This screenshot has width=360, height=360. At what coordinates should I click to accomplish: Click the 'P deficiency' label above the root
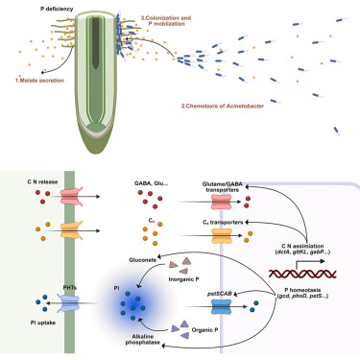pos(57,9)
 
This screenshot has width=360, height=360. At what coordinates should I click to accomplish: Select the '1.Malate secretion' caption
pos(39,81)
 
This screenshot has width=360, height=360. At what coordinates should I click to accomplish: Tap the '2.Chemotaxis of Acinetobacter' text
pos(223,106)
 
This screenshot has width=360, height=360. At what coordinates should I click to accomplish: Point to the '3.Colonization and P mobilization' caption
pos(166,20)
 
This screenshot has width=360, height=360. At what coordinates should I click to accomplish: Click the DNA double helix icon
pos(302,274)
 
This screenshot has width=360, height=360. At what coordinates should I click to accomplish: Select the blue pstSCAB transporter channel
pos(221,307)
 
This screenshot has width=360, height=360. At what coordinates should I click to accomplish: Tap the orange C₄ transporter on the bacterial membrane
pos(222,236)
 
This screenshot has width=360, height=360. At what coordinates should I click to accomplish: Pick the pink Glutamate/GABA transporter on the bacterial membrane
pos(222,202)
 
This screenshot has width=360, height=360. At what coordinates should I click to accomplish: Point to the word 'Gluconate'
pos(143,260)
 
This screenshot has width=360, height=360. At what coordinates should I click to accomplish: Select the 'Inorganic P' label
pos(183,279)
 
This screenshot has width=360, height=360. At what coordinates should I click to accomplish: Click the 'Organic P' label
pos(204,329)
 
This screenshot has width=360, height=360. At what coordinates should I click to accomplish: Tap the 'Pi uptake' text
pos(43,323)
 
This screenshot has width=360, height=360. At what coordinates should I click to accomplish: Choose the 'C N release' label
pos(42,181)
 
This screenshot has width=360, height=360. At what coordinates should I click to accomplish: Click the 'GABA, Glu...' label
pos(151,183)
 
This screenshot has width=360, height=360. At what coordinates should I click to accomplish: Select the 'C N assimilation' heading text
pos(302,246)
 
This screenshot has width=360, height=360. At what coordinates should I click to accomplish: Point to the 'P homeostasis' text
pos(302,290)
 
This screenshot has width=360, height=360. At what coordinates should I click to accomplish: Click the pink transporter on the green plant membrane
pos(72,196)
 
